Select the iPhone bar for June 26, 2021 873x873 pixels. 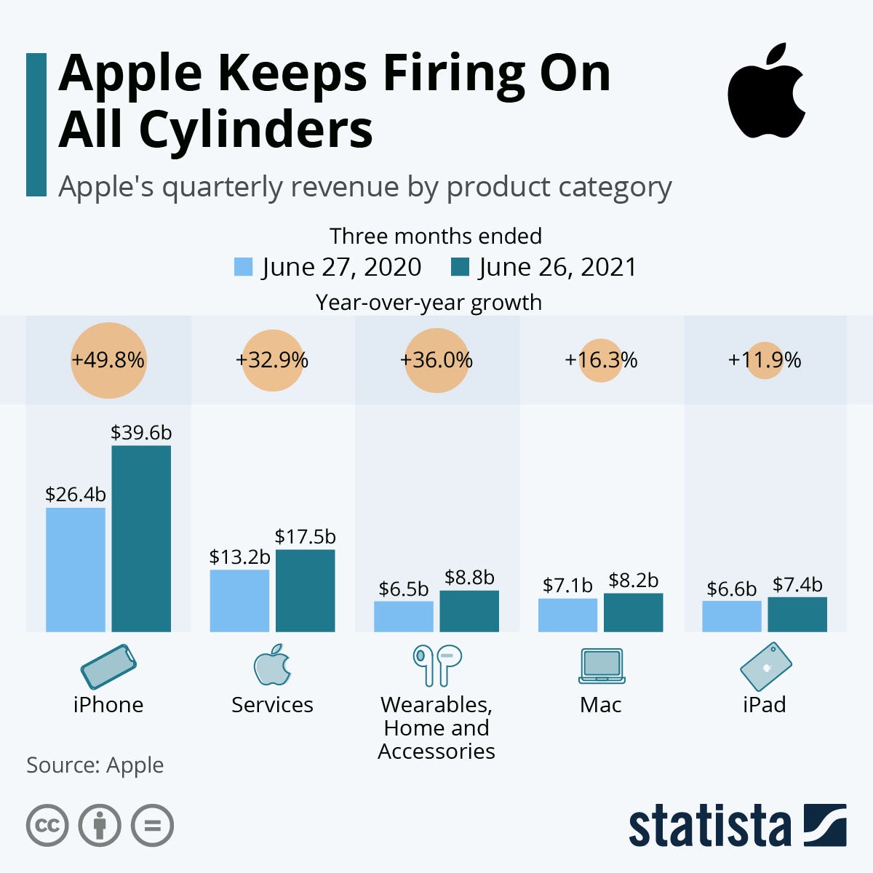point(141,538)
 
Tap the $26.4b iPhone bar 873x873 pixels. point(76,569)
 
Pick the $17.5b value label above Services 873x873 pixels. point(305,537)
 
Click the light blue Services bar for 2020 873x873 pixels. point(239,600)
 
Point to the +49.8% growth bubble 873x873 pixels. point(108,361)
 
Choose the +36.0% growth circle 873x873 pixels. point(436,361)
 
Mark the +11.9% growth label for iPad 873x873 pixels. point(765,360)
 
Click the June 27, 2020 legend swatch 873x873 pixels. point(243,267)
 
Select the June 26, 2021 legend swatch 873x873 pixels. point(460,267)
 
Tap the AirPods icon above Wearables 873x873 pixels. point(436,665)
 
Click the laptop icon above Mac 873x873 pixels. point(602,665)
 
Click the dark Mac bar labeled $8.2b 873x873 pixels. point(633,613)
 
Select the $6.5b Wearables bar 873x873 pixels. point(404,616)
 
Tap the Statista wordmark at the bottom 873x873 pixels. point(709,826)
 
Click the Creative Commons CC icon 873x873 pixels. point(47,826)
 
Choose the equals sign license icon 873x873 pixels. point(152,826)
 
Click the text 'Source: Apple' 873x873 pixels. point(95,765)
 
